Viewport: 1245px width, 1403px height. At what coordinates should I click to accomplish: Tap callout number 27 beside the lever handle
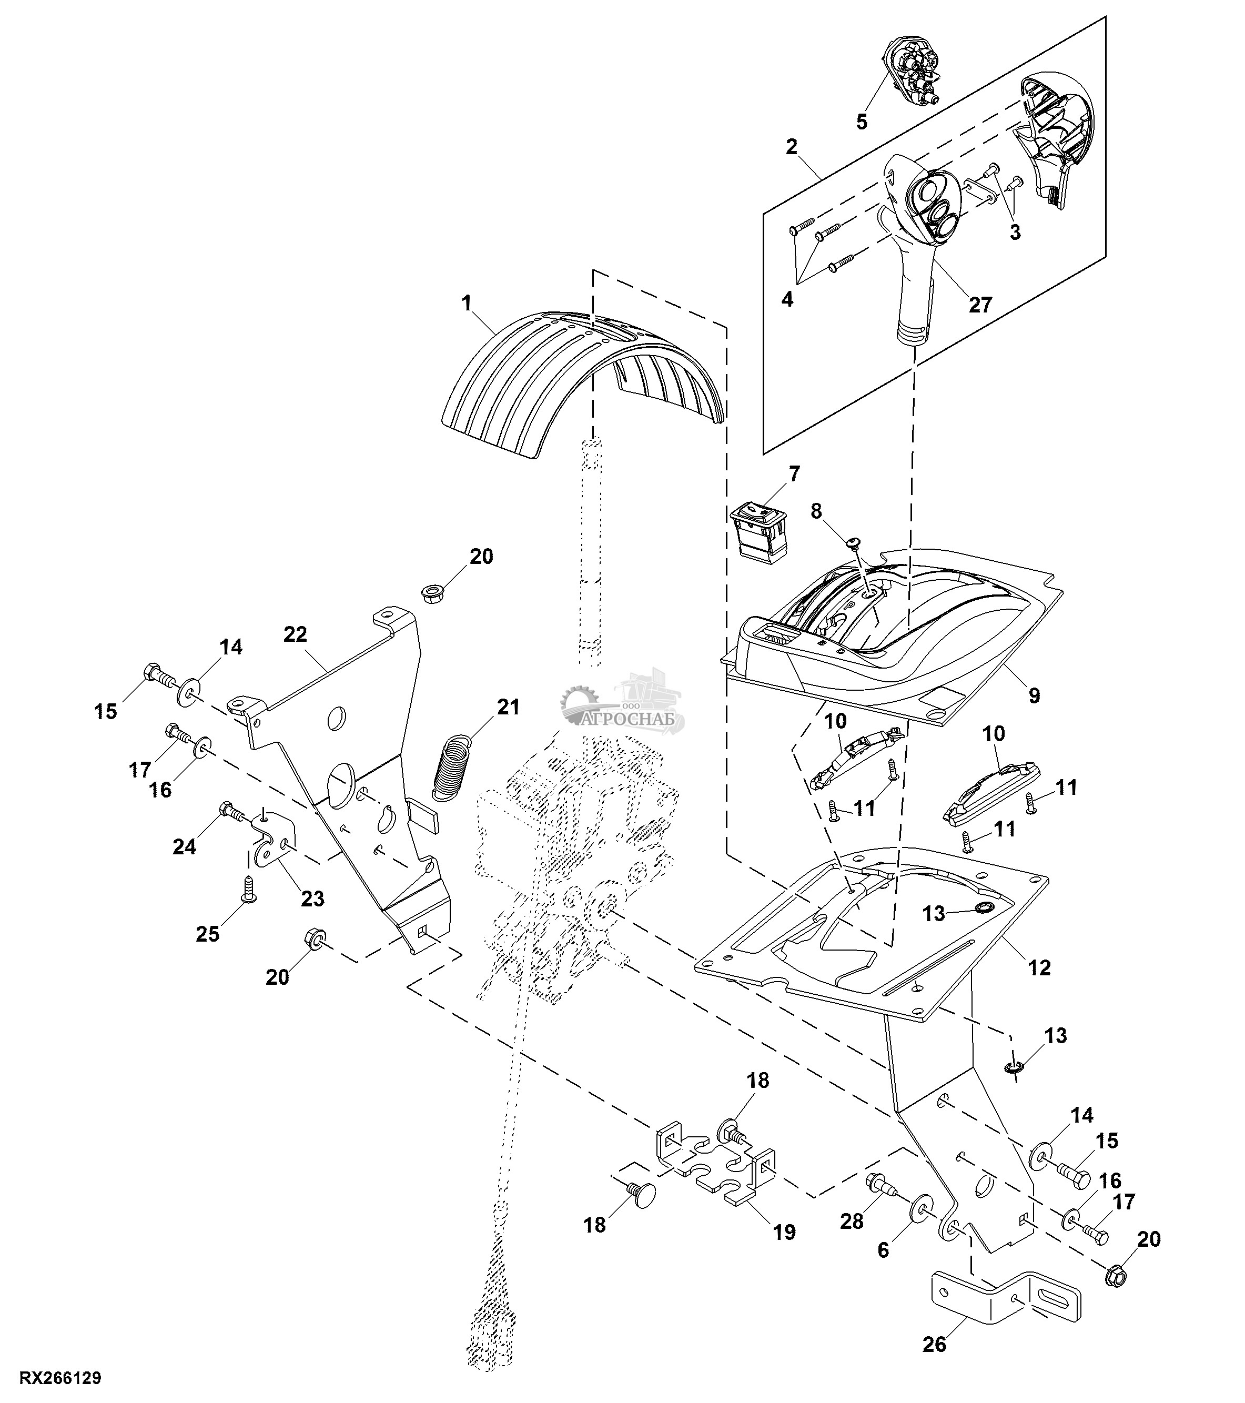pyautogui.click(x=980, y=304)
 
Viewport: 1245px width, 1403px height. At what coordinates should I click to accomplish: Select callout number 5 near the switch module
pyautogui.click(x=862, y=122)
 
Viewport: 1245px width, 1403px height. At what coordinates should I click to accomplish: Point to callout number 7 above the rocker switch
pyautogui.click(x=794, y=473)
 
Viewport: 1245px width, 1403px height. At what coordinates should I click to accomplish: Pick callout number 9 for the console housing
pyautogui.click(x=1034, y=695)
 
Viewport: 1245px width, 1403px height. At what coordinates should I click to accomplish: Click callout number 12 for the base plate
pyautogui.click(x=1040, y=968)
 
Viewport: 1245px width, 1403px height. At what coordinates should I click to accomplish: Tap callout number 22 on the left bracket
pyautogui.click(x=295, y=634)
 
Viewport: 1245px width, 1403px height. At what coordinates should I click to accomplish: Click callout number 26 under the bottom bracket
pyautogui.click(x=934, y=1345)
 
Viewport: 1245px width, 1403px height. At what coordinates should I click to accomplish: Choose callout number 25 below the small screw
pyautogui.click(x=208, y=934)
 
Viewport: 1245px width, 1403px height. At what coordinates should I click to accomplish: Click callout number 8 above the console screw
pyautogui.click(x=815, y=511)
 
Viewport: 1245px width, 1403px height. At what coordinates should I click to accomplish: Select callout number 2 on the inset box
pyautogui.click(x=792, y=147)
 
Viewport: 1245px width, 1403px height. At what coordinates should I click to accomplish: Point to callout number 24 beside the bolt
pyautogui.click(x=184, y=847)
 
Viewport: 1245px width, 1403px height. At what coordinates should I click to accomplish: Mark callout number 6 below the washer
pyautogui.click(x=883, y=1250)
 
